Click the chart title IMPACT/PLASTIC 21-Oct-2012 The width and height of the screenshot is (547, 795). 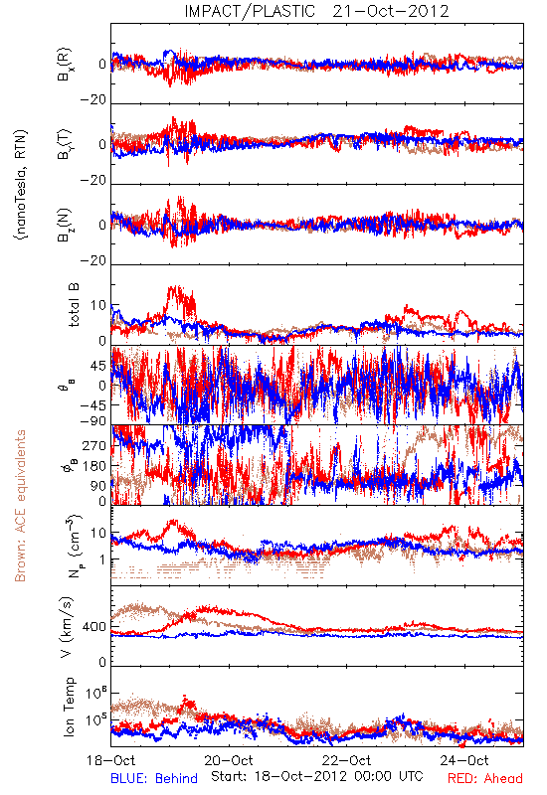tap(316, 11)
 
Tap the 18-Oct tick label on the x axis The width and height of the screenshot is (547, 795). tap(111, 760)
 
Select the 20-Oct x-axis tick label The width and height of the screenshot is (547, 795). tap(229, 760)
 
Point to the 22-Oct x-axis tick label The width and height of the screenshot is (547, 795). tap(346, 760)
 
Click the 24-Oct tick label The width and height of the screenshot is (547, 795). tap(464, 760)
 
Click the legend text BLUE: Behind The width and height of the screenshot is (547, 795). tap(154, 778)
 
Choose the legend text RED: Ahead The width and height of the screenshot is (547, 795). tap(485, 778)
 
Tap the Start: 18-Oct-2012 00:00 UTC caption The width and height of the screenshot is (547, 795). tap(317, 776)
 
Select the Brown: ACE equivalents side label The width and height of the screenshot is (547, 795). tap(20, 506)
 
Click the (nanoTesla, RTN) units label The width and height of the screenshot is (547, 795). tap(21, 185)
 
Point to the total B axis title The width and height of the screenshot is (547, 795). tap(73, 305)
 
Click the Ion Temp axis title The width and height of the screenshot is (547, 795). tap(69, 707)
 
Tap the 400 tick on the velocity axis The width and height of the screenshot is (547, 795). tap(94, 627)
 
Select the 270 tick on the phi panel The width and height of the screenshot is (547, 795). tap(94, 445)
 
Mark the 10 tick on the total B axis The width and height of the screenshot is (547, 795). tap(98, 306)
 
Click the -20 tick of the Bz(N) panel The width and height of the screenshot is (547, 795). tap(93, 260)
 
